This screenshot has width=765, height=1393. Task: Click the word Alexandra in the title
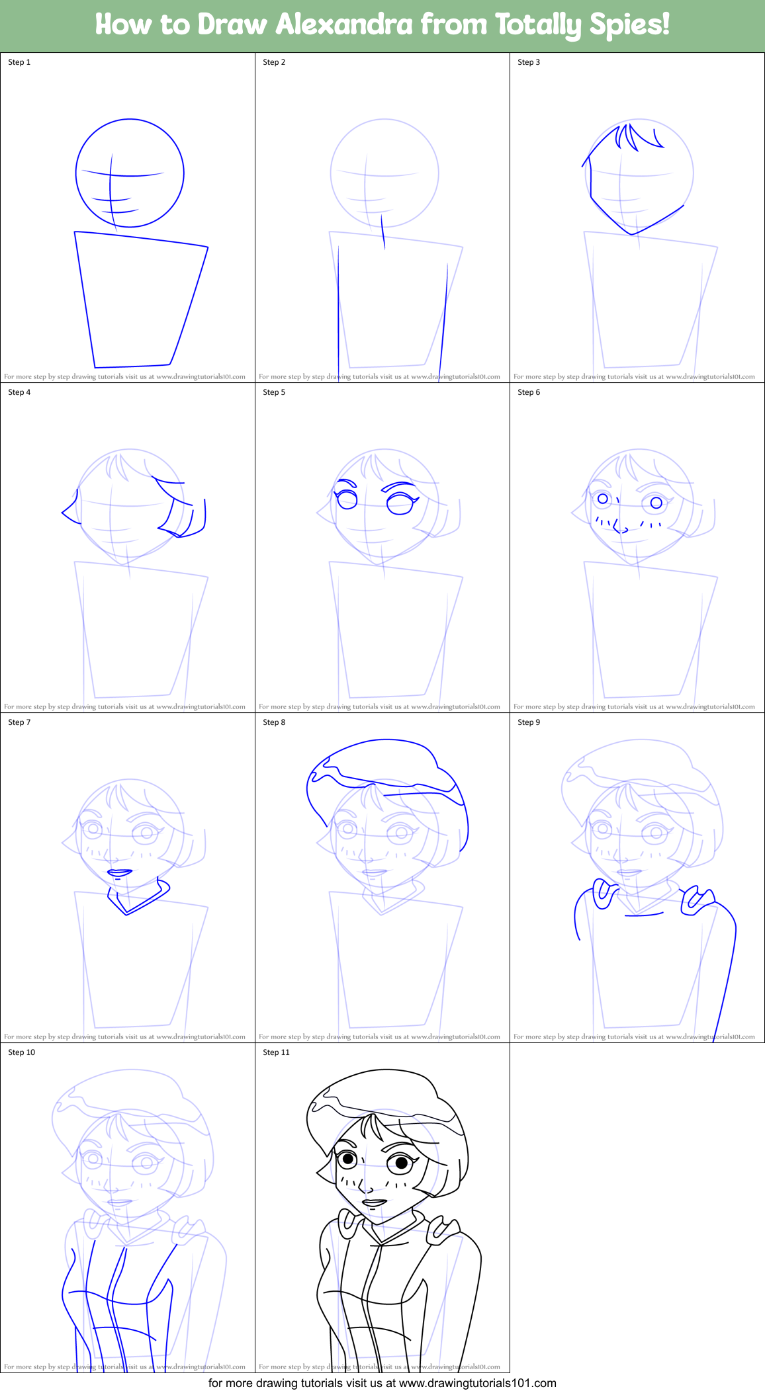344,25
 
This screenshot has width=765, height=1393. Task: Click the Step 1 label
19,62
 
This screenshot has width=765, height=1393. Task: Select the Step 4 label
19,392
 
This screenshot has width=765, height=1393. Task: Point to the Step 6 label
529,392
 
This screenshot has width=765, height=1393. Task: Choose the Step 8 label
274,722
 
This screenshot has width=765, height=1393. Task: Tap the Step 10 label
21,1052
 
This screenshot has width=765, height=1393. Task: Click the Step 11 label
276,1052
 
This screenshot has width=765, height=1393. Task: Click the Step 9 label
529,722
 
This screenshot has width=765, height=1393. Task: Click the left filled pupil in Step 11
347,1159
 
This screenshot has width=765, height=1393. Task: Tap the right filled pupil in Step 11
401,1163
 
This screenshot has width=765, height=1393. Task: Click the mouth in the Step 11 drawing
374,1203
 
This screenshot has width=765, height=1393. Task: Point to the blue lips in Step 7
120,873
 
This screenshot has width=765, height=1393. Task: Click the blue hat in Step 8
384,761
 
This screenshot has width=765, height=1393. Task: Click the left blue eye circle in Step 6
603,499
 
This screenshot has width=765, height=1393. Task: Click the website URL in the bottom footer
477,1383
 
